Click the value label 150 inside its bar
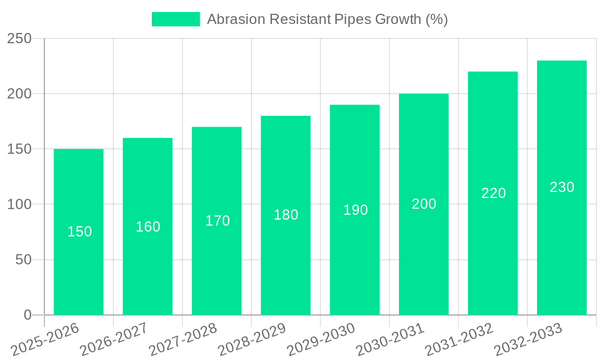(79, 232)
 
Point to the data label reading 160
(148, 227)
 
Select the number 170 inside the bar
(217, 221)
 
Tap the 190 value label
(355, 210)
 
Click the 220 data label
(493, 193)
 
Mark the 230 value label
(562, 187)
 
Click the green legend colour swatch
(176, 19)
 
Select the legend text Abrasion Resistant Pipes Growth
(327, 19)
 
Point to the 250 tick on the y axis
(19, 38)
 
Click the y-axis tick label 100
(19, 205)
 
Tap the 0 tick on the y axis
(27, 315)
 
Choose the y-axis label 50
(23, 260)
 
